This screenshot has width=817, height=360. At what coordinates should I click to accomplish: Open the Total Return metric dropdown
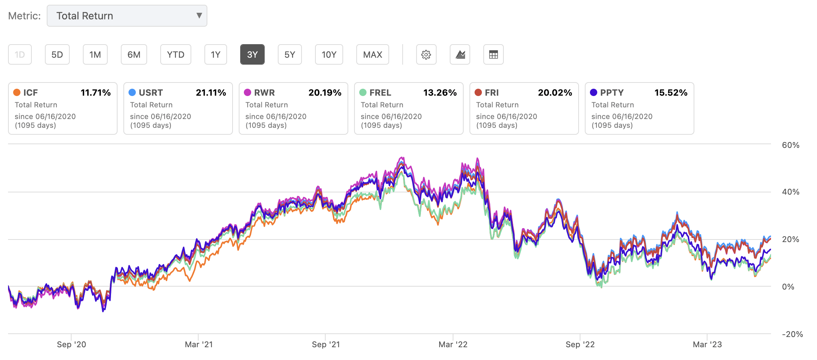click(127, 16)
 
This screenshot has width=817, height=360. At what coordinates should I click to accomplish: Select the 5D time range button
click(57, 55)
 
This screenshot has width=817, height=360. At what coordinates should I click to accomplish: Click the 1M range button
click(95, 55)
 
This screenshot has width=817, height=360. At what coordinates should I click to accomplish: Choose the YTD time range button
click(175, 55)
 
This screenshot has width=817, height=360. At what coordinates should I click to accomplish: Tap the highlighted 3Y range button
click(252, 55)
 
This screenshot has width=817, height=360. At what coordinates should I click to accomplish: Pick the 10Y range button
click(329, 55)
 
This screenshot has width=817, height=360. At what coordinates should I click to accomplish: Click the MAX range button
click(372, 55)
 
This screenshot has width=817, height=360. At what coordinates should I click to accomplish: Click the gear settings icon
click(426, 55)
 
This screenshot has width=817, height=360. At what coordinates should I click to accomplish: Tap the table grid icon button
click(493, 55)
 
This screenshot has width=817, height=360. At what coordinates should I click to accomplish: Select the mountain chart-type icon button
click(460, 55)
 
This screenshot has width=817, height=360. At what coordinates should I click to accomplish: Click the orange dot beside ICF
click(17, 93)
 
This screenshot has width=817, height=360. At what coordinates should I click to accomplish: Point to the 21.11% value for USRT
click(211, 93)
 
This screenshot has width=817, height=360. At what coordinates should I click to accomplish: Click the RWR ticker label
click(264, 93)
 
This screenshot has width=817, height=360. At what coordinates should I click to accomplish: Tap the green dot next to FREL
click(363, 93)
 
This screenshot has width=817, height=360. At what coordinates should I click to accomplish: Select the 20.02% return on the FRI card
click(555, 93)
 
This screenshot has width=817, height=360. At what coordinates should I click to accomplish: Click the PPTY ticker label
click(612, 93)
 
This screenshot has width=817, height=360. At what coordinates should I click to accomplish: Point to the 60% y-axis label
click(790, 145)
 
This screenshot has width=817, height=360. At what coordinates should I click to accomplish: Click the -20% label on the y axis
click(792, 334)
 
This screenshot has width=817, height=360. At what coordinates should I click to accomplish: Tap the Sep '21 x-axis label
click(326, 345)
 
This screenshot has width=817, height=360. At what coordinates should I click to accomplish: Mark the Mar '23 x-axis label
click(707, 345)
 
